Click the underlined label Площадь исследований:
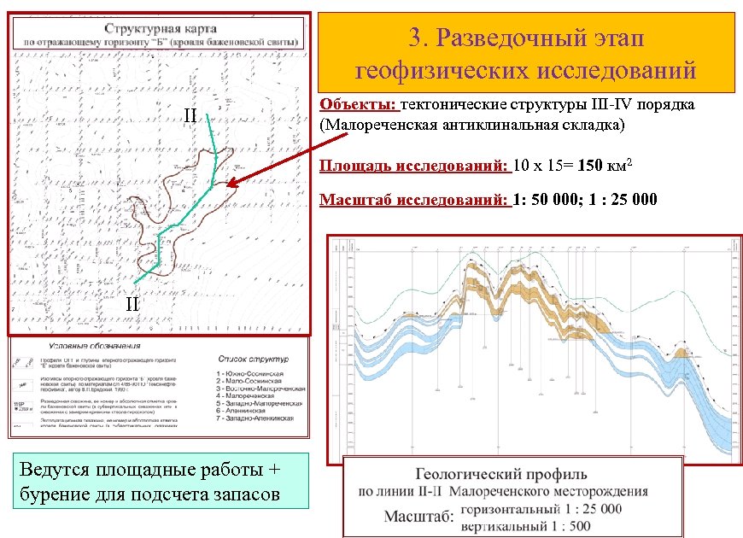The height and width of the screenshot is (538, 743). tap(414, 165)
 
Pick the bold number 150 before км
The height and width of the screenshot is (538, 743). tap(592, 165)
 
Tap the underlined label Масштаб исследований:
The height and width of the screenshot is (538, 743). tap(414, 201)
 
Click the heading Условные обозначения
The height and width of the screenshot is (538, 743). tap(94, 347)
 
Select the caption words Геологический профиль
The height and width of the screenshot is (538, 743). tap(500, 474)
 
